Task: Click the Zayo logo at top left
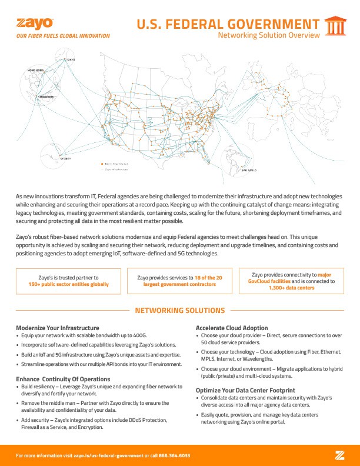pyautogui.click(x=35, y=24)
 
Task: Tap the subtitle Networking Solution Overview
pyautogui.click(x=269, y=35)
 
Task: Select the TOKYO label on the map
pyautogui.click(x=71, y=60)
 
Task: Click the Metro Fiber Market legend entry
pyautogui.click(x=116, y=164)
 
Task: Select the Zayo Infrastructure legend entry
pyautogui.click(x=116, y=169)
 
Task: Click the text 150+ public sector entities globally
pyautogui.click(x=68, y=284)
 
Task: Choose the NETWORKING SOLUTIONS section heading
pyautogui.click(x=180, y=310)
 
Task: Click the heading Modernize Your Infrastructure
pyautogui.click(x=57, y=327)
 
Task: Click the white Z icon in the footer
pyautogui.click(x=339, y=455)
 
